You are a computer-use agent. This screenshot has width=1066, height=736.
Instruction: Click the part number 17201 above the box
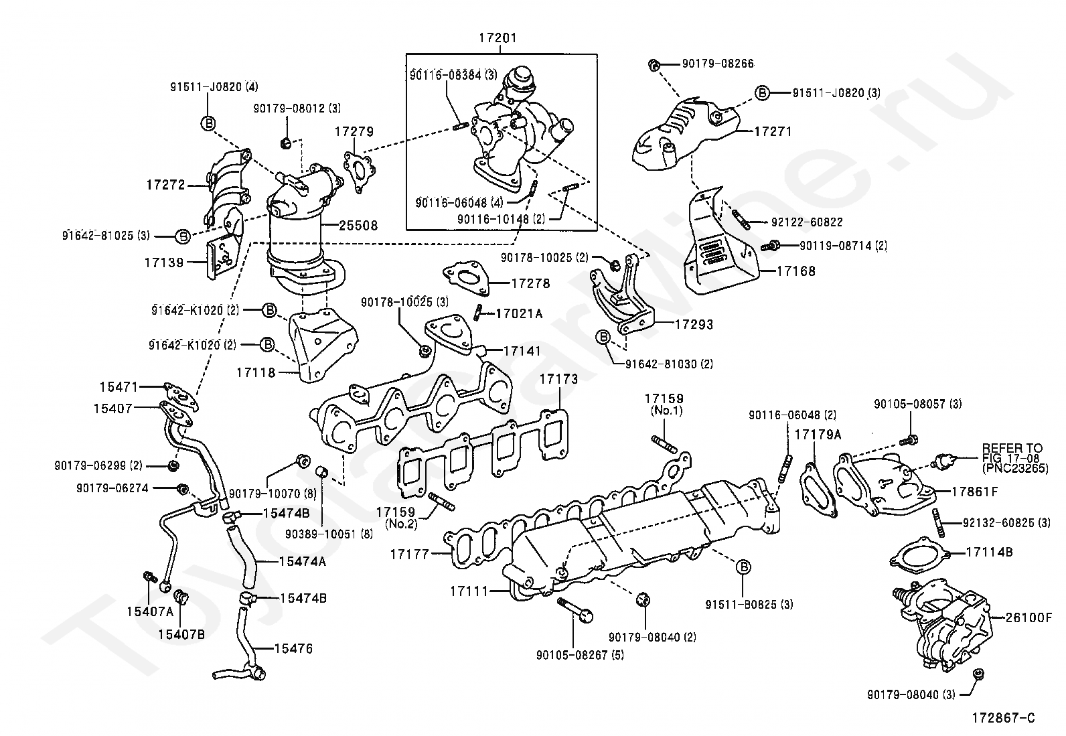coord(498,38)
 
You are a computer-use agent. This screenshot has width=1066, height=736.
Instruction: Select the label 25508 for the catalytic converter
coord(358,225)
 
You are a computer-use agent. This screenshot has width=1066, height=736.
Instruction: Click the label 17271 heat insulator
coord(773,131)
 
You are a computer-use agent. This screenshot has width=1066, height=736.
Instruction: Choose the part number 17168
coord(796,271)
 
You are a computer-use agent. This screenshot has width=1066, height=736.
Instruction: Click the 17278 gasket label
coord(530,284)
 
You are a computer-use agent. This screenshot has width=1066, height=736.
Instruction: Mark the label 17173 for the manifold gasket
coord(558,379)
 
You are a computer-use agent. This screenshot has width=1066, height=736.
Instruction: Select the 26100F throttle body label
coord(1029,618)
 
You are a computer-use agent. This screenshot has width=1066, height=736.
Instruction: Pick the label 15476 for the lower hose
coord(294,648)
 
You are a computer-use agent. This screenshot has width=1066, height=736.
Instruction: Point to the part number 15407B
coord(181,635)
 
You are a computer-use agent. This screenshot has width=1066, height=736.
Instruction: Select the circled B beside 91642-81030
coord(603,338)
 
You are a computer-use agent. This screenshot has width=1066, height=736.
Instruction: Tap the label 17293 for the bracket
coord(694,325)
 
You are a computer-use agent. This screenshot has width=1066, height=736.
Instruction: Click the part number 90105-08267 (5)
coord(580,656)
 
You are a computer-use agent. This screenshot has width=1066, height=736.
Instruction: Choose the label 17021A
coord(519,313)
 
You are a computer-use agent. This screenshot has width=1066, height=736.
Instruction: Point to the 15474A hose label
coord(302,562)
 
